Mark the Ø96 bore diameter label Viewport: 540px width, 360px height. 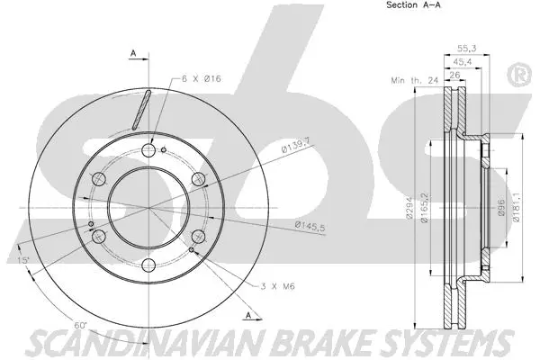[x=501, y=210]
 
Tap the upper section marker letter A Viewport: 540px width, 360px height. [x=132, y=53]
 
